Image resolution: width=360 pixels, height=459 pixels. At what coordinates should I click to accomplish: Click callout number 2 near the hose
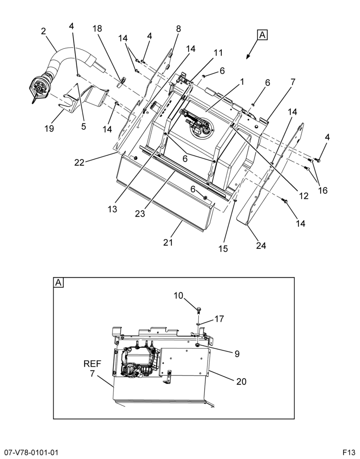[43, 31]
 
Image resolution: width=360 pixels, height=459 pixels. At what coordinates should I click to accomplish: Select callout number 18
[97, 28]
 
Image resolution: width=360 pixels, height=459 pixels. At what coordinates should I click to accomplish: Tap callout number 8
[178, 28]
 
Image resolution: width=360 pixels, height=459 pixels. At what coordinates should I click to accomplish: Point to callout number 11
[218, 53]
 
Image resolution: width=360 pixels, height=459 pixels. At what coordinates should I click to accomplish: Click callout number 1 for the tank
[242, 82]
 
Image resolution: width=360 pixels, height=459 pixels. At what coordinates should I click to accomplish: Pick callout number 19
[49, 128]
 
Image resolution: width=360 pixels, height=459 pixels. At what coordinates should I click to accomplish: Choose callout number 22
[79, 162]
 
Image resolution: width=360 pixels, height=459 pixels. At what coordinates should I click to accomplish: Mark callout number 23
[140, 214]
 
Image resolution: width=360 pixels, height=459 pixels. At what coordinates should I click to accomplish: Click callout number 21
[168, 242]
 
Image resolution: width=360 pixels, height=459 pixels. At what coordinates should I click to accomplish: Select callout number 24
[261, 245]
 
